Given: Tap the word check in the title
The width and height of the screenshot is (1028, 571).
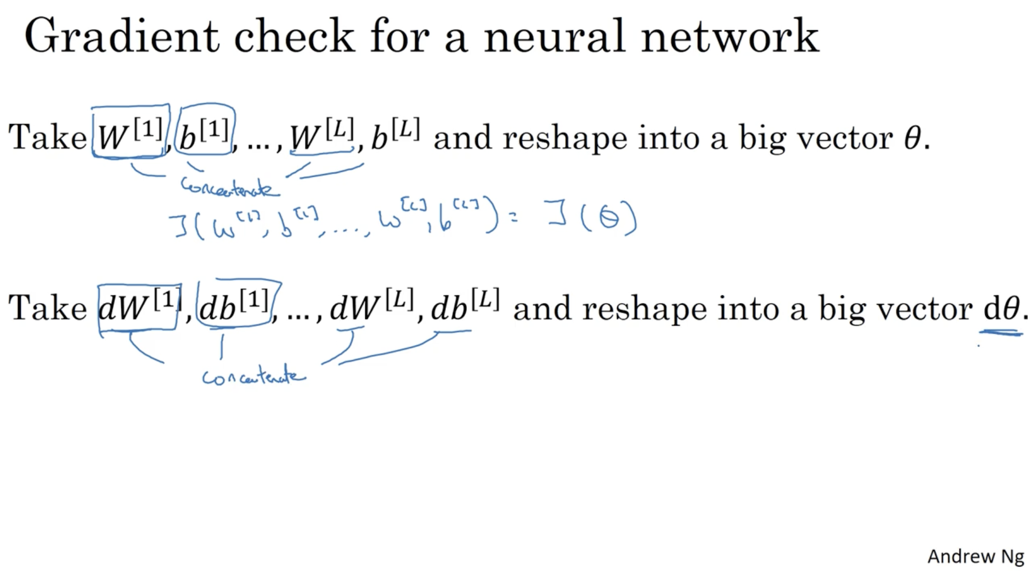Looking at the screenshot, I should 294,36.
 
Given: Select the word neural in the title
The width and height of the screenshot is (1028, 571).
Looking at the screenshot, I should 554,36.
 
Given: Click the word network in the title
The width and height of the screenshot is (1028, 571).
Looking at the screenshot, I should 730,36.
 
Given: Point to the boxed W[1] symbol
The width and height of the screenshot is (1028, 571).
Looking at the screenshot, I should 130,135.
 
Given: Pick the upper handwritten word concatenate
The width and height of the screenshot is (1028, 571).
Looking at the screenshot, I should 229,188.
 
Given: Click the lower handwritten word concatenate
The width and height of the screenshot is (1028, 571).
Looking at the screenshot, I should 253,377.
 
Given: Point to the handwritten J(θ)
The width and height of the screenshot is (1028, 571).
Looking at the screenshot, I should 592,218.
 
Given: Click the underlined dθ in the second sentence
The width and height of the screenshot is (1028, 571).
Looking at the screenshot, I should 1001,309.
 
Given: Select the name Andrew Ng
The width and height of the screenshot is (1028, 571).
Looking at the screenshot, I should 975,556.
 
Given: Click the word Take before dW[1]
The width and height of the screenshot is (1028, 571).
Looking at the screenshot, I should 48,307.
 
